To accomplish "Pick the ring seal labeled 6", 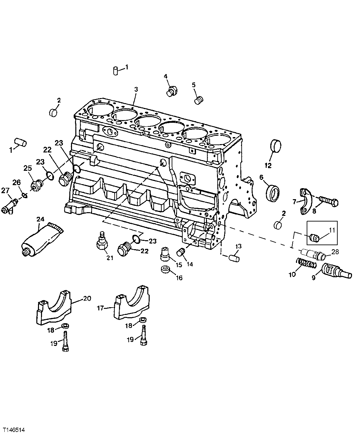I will pos(273,193).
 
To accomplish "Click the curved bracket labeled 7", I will pos(305,201).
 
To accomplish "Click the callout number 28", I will pos(335,252).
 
